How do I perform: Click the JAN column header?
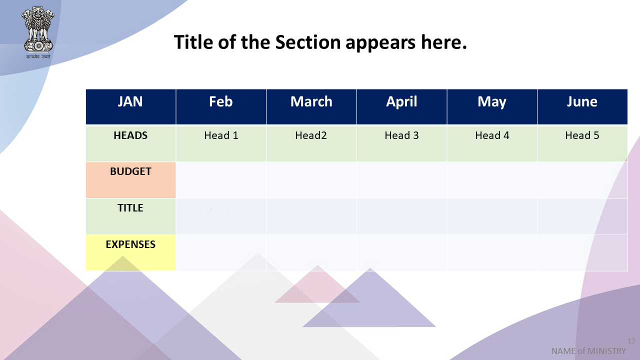tap(131, 107)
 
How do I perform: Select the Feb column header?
tap(221, 107)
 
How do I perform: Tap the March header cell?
tap(311, 107)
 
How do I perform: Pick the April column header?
tap(401, 107)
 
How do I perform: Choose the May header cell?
tap(492, 107)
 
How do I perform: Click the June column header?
tap(582, 107)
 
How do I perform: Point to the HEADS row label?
tap(131, 143)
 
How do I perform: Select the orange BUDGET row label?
tap(131, 180)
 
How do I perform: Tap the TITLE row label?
tap(131, 216)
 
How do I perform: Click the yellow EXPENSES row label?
tap(131, 253)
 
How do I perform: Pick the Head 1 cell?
tap(221, 143)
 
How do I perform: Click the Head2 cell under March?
tap(311, 143)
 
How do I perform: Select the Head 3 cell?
tap(401, 143)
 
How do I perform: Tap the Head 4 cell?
tap(492, 143)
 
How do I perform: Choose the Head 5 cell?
tap(582, 143)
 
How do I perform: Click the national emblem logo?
tap(38, 32)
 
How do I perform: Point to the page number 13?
tap(631, 341)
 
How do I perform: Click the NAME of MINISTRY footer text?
tap(588, 351)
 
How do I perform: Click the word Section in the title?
tap(308, 42)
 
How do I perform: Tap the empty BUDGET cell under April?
tap(401, 180)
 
